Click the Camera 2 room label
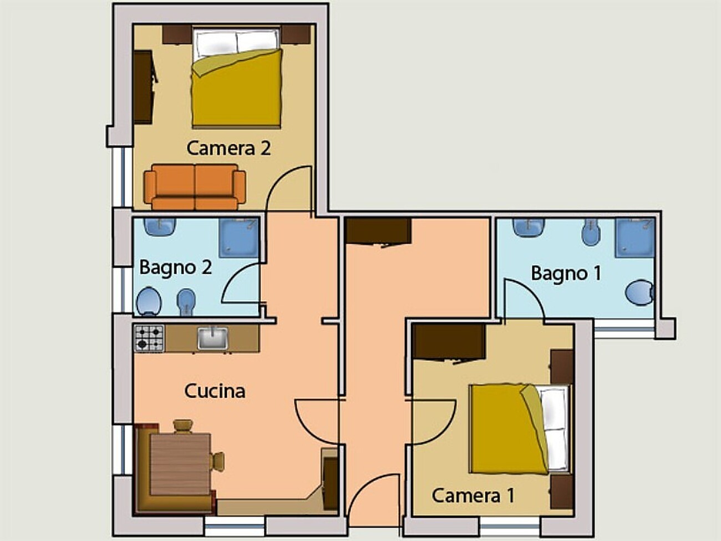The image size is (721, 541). tap(229, 148)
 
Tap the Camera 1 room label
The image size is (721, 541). tap(473, 496)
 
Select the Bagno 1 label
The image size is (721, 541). tap(566, 274)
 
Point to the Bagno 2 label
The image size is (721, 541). tap(176, 267)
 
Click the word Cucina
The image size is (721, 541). tap(215, 391)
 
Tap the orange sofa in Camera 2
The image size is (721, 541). tap(195, 186)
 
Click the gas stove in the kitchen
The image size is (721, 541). tap(149, 338)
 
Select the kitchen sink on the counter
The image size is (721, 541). tap(213, 338)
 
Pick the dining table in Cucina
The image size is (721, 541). tap(180, 464)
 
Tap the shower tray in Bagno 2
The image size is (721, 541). tap(239, 237)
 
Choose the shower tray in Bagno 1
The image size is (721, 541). tap(635, 237)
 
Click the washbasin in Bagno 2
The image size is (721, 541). tap(160, 226)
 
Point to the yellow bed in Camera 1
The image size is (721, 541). tap(520, 429)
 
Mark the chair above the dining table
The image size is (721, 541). tap(182, 426)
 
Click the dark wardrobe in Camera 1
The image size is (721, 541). tap(449, 342)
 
